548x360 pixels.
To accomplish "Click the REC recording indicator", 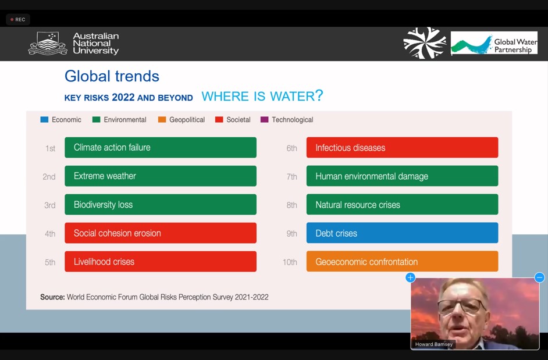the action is (18, 20).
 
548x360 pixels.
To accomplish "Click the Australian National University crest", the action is (48, 44).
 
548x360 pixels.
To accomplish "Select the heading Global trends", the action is (112, 76).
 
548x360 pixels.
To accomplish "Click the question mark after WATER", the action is (319, 95).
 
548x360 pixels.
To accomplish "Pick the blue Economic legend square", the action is (44, 120).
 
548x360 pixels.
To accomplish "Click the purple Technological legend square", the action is (265, 120).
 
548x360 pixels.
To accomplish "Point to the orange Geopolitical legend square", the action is (162, 120).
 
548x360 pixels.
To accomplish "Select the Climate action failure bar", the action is (161, 148).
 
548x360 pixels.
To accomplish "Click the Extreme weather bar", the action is (161, 176).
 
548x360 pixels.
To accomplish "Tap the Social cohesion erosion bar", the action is (161, 233).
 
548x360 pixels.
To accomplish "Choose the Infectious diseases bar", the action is (402, 148).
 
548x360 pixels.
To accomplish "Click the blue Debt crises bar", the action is (402, 233).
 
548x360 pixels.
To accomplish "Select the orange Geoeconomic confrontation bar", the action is (402, 262).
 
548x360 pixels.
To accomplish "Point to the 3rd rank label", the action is (49, 205).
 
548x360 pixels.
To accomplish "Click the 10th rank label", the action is (290, 262).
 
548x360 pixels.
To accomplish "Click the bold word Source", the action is (52, 297).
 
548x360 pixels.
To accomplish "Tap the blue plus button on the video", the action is (410, 277).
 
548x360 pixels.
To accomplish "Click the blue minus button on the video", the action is (540, 277).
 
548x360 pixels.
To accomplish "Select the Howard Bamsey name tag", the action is (434, 344).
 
